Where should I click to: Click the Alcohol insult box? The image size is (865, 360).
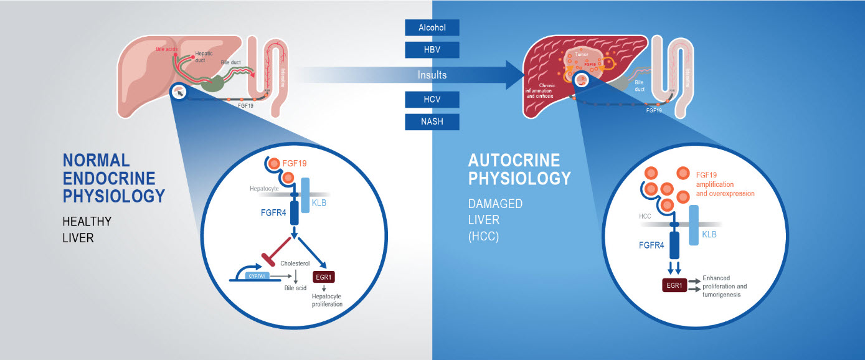point(432,27)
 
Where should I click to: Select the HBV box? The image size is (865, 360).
point(432,49)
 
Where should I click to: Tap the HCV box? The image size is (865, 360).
point(432,100)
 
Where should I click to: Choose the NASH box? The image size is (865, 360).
point(432,121)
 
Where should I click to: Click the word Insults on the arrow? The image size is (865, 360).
point(432,75)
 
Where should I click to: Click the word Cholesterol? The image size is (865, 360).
point(293,263)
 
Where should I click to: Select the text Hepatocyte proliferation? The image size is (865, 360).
point(327,300)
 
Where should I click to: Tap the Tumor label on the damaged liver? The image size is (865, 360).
point(582,54)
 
